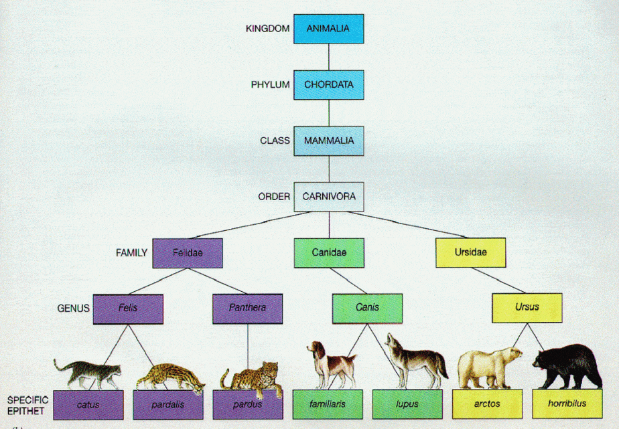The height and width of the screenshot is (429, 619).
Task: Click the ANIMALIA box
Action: click(328, 29)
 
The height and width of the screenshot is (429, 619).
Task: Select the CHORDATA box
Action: click(328, 85)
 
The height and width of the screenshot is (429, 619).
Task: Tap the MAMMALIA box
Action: click(328, 141)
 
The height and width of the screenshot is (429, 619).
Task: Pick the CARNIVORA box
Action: click(328, 197)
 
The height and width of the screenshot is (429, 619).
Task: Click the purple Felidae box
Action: click(188, 253)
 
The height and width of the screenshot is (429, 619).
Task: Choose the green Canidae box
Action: click(329, 253)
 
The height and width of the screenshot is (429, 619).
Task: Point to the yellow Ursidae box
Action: click(470, 252)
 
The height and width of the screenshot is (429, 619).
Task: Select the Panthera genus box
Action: click(247, 309)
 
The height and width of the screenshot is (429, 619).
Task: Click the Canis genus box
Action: click(367, 309)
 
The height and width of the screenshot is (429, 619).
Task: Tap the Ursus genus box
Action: click(527, 308)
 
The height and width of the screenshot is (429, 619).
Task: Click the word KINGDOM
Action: click(268, 29)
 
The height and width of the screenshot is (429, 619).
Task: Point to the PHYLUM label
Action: click(271, 85)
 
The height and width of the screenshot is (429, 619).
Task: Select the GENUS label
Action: click(74, 309)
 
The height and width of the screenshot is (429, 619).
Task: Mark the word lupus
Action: click(407, 404)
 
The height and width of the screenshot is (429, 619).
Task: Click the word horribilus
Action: click(567, 404)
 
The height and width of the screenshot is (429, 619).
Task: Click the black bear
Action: click(567, 366)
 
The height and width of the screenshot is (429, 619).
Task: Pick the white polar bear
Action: click(489, 367)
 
